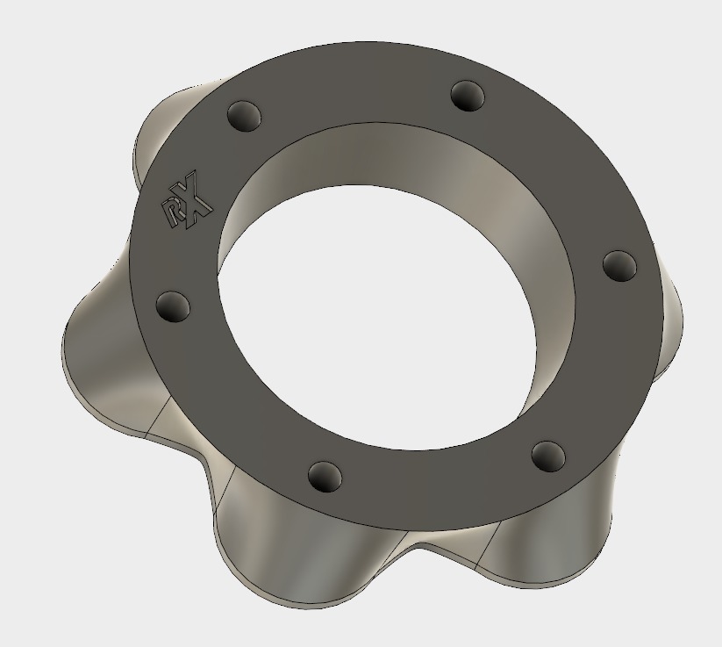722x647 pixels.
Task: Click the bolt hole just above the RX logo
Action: pyautogui.click(x=244, y=114)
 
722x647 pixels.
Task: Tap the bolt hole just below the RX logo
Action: pyautogui.click(x=173, y=306)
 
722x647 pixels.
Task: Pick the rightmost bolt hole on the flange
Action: pyautogui.click(x=618, y=263)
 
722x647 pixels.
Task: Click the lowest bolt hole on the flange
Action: pyautogui.click(x=325, y=477)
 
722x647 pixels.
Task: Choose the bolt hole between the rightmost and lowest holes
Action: pyautogui.click(x=547, y=455)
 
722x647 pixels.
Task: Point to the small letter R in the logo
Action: pyautogui.click(x=170, y=213)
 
